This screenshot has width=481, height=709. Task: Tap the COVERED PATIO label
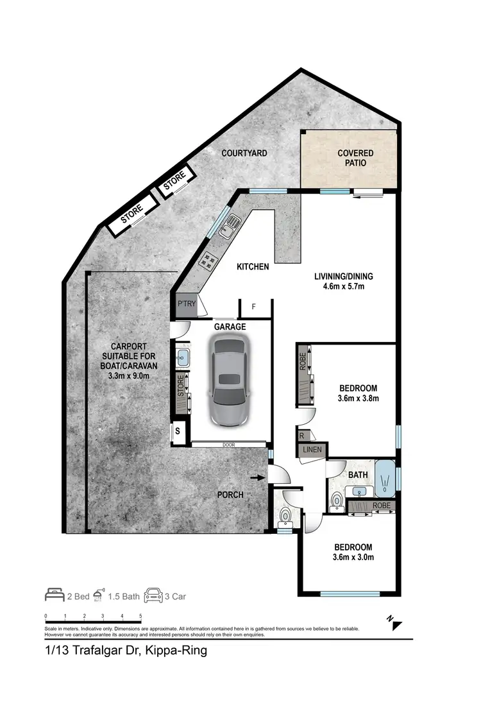(x=355, y=158)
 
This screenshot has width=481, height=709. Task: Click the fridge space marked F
(x=253, y=307)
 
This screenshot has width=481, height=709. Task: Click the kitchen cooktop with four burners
(x=210, y=260)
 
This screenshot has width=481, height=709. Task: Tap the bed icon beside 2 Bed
(x=55, y=595)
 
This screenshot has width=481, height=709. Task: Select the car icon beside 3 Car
(x=153, y=595)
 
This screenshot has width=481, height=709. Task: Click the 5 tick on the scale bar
(x=140, y=617)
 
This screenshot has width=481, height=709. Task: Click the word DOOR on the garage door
(x=228, y=443)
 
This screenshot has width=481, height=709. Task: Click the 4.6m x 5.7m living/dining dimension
(x=343, y=286)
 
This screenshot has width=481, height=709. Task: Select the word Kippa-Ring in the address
(x=176, y=651)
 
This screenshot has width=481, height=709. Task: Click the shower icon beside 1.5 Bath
(x=99, y=595)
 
